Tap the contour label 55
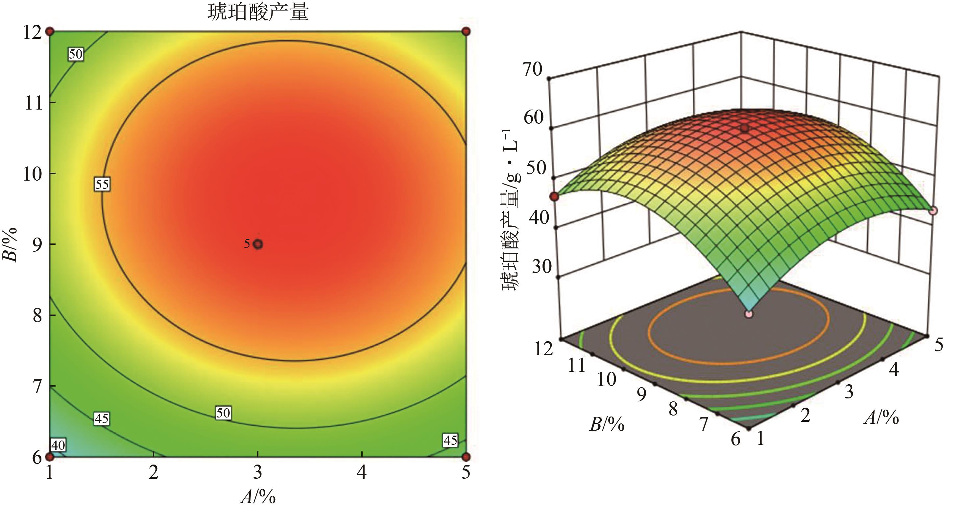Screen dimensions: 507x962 102,184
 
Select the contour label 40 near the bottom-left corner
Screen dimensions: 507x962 58,444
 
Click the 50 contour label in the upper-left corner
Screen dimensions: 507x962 75,55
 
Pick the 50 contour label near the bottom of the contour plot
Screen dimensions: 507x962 223,413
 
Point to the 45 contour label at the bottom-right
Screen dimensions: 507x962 450,440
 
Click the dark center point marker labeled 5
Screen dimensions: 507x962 258,244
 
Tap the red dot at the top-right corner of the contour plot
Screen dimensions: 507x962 466,31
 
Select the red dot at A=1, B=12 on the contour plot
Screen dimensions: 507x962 50,31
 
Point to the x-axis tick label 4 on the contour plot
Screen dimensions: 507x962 362,473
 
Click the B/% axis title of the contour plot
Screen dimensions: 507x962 11,245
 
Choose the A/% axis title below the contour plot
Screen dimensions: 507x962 258,497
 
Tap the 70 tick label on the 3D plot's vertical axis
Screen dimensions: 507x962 532,69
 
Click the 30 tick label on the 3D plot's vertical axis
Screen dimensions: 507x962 541,266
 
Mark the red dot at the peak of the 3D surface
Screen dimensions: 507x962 745,129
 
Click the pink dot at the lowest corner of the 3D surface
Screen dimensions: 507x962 748,314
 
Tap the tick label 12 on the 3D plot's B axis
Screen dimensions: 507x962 543,349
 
